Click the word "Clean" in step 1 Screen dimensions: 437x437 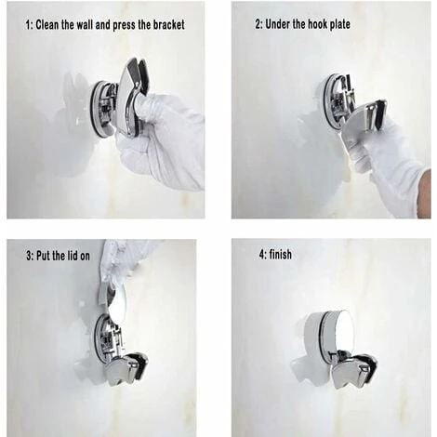pyautogui.click(x=46, y=25)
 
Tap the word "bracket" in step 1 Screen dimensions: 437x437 pyautogui.click(x=169, y=25)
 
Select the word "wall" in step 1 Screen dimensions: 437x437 pyautogui.click(x=84, y=25)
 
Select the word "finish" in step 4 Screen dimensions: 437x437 pyautogui.click(x=281, y=255)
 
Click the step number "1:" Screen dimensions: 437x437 pyautogui.click(x=29, y=25)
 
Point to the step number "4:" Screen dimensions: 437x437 pyautogui.click(x=263, y=255)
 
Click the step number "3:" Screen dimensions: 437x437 pyautogui.click(x=30, y=256)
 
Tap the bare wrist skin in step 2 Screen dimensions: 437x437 pyautogui.click(x=425, y=193)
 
